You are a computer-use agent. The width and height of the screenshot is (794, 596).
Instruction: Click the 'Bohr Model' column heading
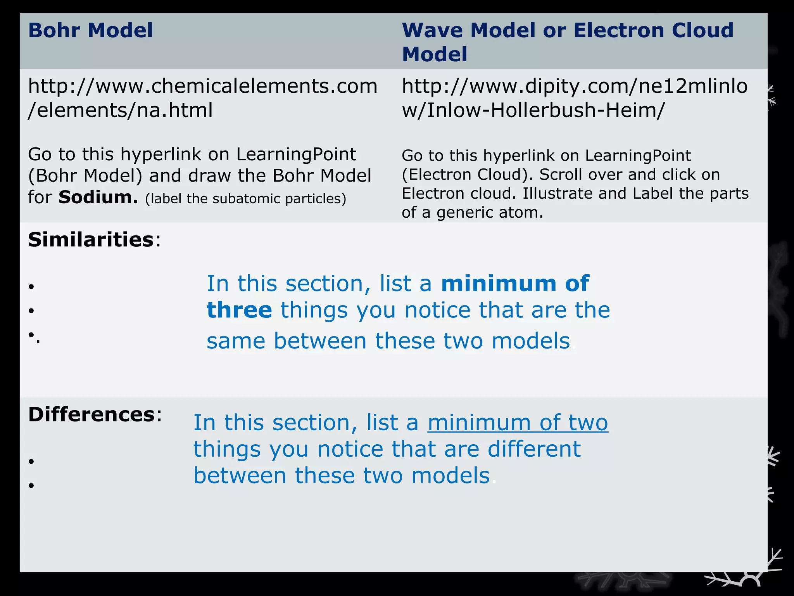point(91,30)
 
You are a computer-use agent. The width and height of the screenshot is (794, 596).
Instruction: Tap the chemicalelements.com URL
point(202,98)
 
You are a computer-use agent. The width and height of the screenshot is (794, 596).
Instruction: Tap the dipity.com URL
point(575,98)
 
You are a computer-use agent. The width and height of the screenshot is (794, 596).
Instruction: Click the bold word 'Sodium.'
point(98,197)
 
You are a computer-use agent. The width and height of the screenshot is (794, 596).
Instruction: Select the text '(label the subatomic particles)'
point(245,199)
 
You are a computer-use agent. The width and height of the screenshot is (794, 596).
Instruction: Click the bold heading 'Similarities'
point(91,239)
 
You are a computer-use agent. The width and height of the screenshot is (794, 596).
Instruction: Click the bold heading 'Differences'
point(92,414)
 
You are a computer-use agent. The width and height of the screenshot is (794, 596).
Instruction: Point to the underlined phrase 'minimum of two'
point(518,423)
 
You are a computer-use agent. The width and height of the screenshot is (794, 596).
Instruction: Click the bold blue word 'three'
point(239,310)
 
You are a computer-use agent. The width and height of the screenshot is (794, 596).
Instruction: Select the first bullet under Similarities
point(31,287)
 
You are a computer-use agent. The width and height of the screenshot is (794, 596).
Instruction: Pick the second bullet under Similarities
point(31,310)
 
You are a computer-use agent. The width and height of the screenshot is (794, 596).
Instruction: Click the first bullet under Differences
point(31,461)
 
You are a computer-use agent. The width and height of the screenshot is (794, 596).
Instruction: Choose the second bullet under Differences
point(31,485)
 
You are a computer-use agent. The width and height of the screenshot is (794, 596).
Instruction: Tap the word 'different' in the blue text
point(534,449)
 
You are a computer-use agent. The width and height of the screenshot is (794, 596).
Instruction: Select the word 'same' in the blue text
point(236,341)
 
